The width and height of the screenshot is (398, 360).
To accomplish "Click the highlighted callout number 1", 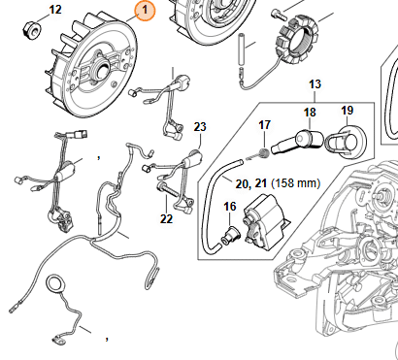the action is tap(145, 11).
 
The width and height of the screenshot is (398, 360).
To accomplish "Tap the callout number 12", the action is tap(55, 10).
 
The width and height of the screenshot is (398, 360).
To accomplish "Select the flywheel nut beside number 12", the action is tap(31, 28).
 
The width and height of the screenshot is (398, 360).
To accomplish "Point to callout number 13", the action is tap(315, 84).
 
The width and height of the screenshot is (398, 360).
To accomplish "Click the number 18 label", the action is tap(310, 113).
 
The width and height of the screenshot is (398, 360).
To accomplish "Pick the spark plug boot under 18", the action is tap(297, 142).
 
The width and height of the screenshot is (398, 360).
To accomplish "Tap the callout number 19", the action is tap(347, 111).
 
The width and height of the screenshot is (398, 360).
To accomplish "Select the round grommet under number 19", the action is tap(346, 142).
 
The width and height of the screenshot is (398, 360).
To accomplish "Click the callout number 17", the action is tap(264, 125).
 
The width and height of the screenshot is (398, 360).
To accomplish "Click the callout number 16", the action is tap(230, 207).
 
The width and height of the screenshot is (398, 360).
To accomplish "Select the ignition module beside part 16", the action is tap(266, 222).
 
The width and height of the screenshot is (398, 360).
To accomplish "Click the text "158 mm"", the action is tap(295, 183).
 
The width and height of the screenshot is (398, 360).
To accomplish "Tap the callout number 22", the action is tap(166, 219).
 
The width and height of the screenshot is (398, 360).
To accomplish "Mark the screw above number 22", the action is tap(168, 189).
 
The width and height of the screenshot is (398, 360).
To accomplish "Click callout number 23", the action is tap(200, 126).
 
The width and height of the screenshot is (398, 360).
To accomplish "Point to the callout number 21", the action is tap(260, 183).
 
